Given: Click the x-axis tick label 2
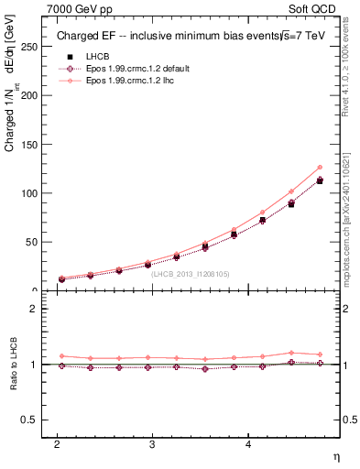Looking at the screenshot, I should click(57, 444).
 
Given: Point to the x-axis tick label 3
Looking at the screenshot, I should click(152, 444).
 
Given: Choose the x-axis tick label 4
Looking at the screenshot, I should click(247, 444).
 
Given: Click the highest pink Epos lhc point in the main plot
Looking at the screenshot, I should click(320, 167).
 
